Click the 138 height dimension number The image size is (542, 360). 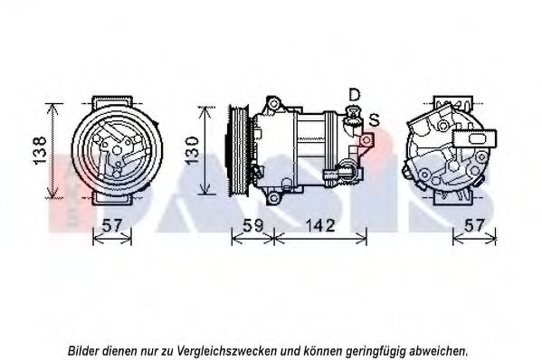40,150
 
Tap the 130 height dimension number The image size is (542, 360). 192,150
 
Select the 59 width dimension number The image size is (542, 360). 252,225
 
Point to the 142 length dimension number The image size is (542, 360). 319,225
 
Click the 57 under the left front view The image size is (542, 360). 113,225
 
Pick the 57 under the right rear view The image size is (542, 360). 474,225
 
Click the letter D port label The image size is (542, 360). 355,94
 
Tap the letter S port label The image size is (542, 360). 374,119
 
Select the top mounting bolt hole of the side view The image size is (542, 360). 274,103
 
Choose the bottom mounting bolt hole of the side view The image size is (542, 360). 273,198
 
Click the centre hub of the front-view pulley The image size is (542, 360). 118,150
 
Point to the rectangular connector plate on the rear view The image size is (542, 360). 475,138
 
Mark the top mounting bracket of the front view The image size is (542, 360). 113,102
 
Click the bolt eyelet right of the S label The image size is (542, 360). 366,140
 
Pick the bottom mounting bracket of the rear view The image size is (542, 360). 452,199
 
